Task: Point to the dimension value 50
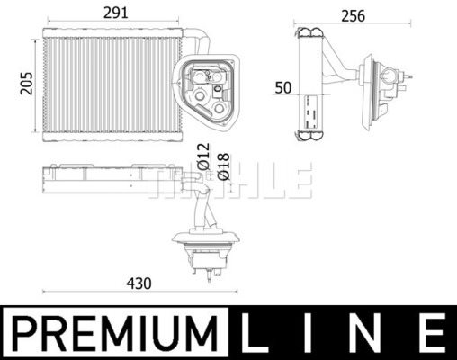[284, 87]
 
